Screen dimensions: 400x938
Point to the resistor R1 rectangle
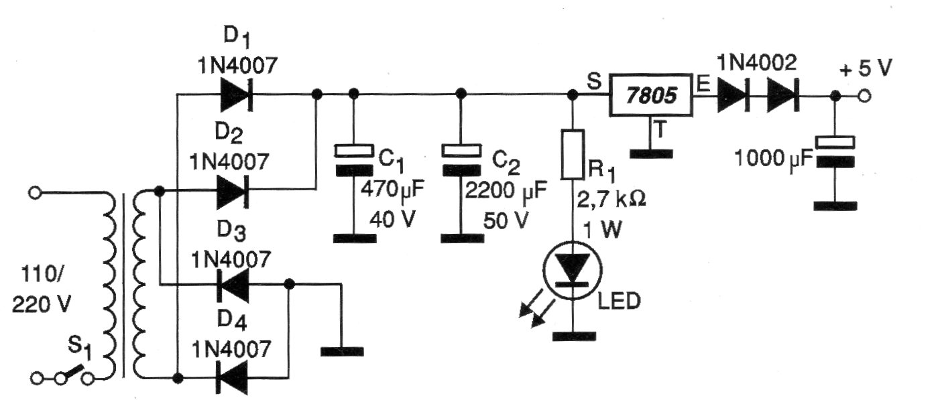571,154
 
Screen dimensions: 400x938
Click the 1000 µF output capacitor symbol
833,151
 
